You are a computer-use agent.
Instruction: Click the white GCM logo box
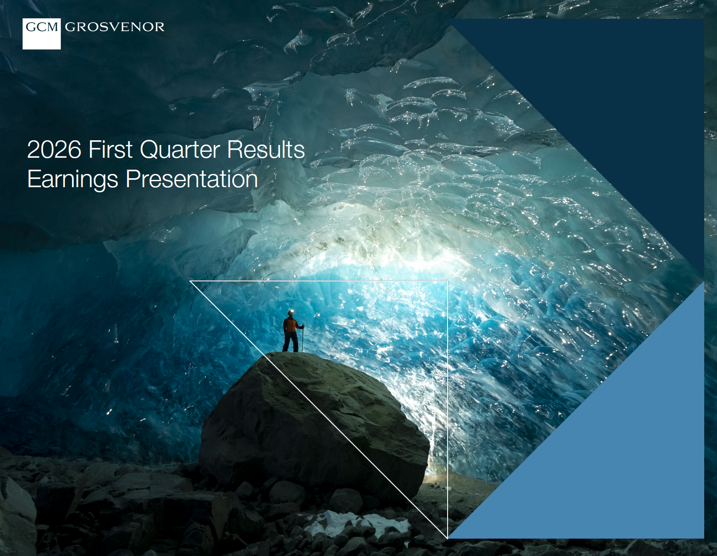[x=41, y=34]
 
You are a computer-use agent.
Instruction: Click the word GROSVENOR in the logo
[x=115, y=27]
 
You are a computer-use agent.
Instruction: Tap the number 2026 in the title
[x=54, y=150]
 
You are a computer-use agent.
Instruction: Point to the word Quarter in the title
[x=180, y=150]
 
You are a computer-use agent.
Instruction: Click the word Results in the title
[x=266, y=150]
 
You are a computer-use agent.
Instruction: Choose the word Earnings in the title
[x=73, y=180]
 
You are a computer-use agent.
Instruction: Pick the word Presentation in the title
[x=192, y=179]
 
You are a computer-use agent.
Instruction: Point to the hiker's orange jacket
[x=291, y=325]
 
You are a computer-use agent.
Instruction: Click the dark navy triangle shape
[x=618, y=107]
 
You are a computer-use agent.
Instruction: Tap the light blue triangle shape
[x=618, y=452]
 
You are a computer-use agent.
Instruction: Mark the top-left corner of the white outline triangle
[x=190, y=281]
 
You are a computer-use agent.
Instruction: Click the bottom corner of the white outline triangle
[x=447, y=538]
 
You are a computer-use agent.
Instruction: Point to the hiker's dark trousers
[x=291, y=342]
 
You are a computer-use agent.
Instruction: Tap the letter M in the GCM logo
[x=52, y=27]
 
